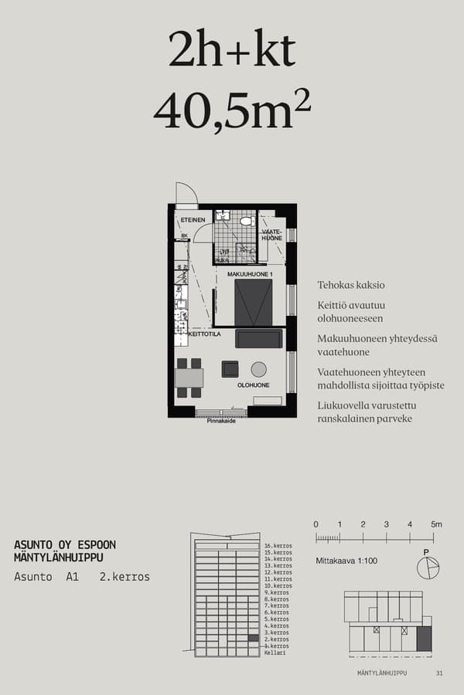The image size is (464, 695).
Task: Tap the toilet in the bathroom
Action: [246, 222]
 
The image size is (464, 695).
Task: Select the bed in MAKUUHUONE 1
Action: [254, 303]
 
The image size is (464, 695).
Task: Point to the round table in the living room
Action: [258, 369]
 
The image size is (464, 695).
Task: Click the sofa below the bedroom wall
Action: [258, 338]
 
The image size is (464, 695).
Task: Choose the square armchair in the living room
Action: [230, 369]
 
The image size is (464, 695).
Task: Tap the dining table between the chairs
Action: [189, 378]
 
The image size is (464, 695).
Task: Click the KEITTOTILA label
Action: [204, 335]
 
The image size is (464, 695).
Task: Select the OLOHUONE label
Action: [253, 385]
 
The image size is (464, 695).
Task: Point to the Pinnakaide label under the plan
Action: [221, 421]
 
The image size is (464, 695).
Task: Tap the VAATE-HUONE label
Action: [271, 235]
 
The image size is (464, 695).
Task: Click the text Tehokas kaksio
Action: [350, 285]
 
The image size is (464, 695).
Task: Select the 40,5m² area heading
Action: [232, 110]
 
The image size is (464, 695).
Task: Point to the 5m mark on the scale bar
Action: [436, 525]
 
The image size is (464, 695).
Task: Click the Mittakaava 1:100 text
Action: [346, 561]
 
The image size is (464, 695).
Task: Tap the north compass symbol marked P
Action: [427, 568]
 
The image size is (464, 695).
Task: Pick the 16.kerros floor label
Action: [278, 546]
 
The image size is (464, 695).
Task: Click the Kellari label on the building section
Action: [275, 653]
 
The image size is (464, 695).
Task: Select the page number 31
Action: [439, 673]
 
